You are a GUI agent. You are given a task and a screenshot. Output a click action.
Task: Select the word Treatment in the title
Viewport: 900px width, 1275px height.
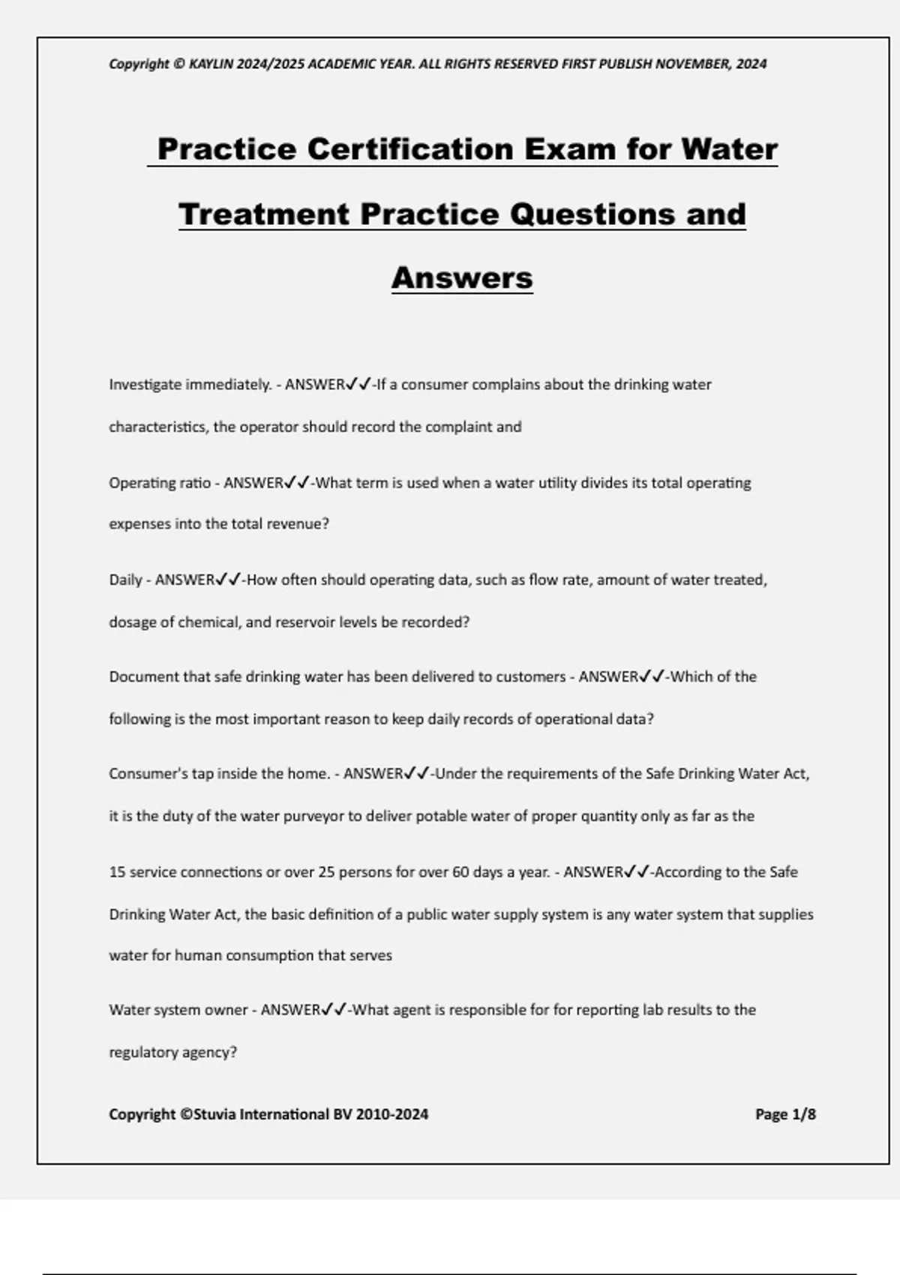[x=265, y=214]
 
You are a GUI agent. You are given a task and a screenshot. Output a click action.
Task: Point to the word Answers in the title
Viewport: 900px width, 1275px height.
[x=462, y=277]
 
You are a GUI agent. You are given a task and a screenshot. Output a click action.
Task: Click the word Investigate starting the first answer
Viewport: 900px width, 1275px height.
[x=145, y=385]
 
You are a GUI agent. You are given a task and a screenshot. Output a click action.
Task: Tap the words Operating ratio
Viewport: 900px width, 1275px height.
[x=159, y=483]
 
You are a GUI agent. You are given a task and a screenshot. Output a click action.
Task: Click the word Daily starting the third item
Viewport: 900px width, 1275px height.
[x=124, y=580]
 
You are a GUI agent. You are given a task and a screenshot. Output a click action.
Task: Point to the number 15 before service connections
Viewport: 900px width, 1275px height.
[x=117, y=872]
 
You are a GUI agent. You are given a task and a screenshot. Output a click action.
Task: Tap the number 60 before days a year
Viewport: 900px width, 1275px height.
[x=460, y=872]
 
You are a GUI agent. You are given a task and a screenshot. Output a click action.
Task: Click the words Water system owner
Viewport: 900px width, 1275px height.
[x=178, y=1010]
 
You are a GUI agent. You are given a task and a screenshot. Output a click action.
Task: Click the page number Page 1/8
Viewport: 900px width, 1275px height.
[x=785, y=1114]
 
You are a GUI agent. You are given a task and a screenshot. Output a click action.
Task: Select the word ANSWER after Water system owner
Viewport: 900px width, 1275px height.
[x=290, y=1010]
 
